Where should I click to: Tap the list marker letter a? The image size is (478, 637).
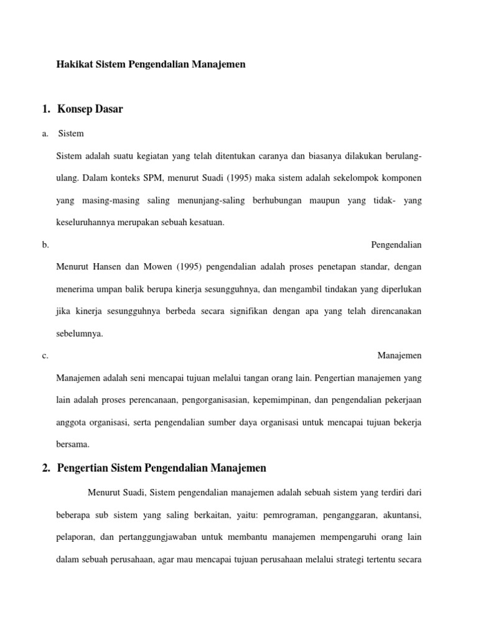click(x=45, y=134)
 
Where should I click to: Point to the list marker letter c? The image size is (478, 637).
click(x=45, y=356)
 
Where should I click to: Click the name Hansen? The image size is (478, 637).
click(x=109, y=267)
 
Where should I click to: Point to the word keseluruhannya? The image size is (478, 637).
click(x=88, y=223)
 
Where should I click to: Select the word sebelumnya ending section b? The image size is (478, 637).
click(x=80, y=333)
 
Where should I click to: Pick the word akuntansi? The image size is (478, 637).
click(x=400, y=514)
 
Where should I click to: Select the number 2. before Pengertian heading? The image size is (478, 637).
click(x=46, y=468)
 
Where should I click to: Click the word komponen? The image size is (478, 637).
click(x=398, y=178)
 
